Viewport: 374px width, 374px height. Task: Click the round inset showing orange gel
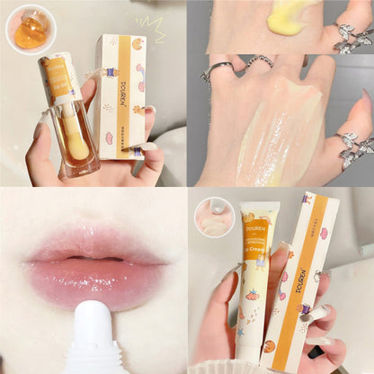pos(31,30)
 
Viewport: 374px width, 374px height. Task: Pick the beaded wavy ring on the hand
pos(261,63)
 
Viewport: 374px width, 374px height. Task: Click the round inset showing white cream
pos(214,217)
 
